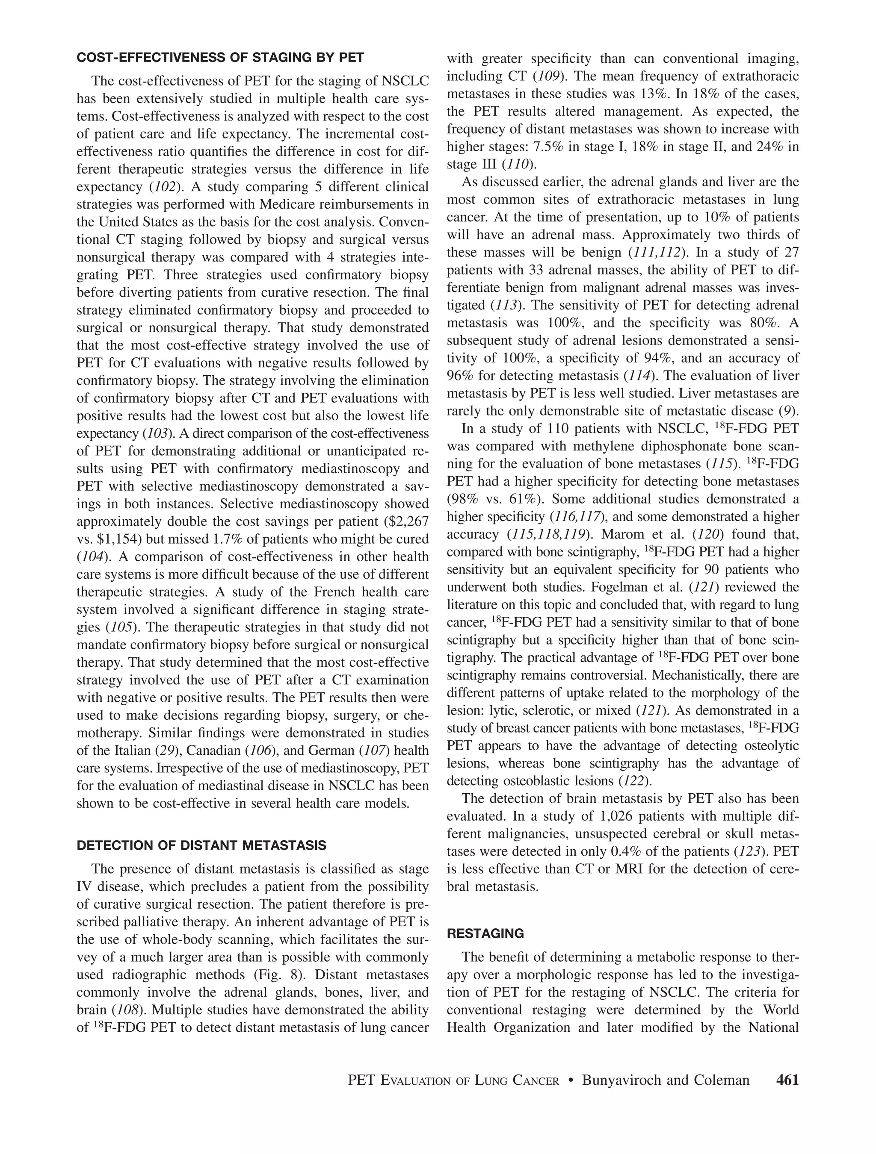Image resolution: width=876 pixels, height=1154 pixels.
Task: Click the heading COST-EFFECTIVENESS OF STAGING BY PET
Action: [x=220, y=58]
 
